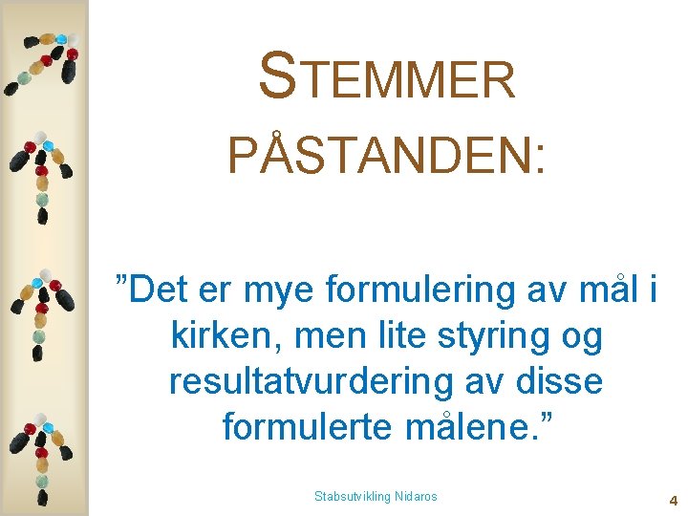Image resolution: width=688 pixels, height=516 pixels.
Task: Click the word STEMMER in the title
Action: (x=387, y=77)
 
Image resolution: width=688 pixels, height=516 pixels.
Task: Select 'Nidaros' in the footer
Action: (x=415, y=497)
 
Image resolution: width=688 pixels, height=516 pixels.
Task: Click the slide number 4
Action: (x=673, y=500)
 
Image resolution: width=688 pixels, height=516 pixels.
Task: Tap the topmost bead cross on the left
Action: (x=42, y=62)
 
